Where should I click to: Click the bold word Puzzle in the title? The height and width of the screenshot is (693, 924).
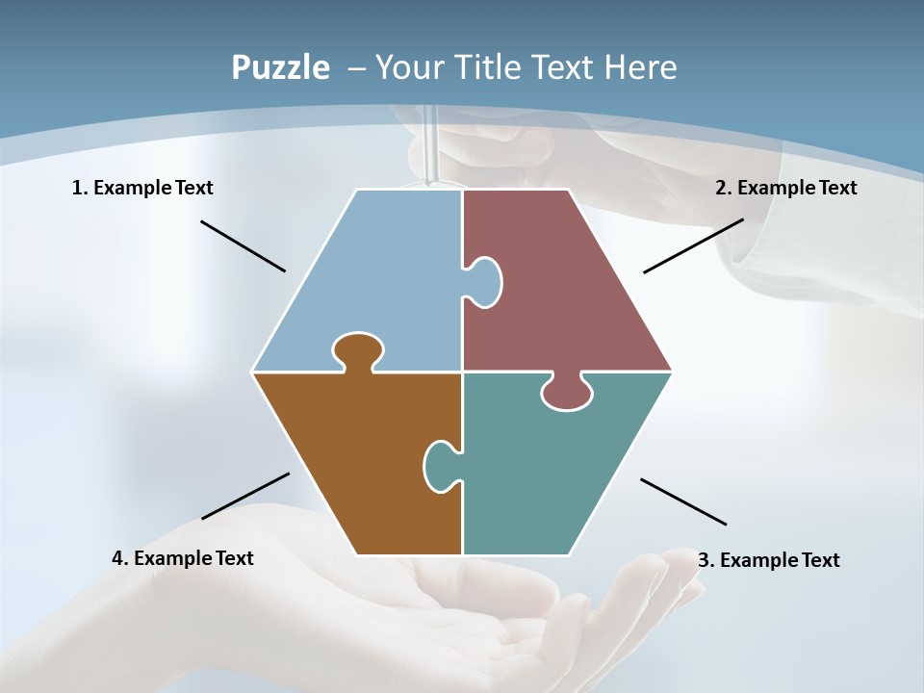pos(280,67)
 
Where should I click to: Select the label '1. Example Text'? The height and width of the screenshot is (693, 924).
pos(142,188)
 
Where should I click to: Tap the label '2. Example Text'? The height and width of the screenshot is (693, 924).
pos(785,188)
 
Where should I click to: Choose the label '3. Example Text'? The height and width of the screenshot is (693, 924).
pos(768,560)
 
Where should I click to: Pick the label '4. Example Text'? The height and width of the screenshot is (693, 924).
pos(183,558)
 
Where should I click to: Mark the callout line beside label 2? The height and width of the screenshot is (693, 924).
pos(693,245)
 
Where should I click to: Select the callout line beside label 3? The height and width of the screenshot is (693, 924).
pos(683,501)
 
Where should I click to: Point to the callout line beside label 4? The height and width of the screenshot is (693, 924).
pos(245,496)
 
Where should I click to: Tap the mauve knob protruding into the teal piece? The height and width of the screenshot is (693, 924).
pos(566,393)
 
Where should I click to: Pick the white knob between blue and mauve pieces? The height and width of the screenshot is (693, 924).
pos(485,282)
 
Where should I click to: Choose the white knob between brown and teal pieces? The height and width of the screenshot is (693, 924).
pos(439,465)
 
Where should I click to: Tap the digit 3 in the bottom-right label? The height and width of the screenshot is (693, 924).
pos(703,560)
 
